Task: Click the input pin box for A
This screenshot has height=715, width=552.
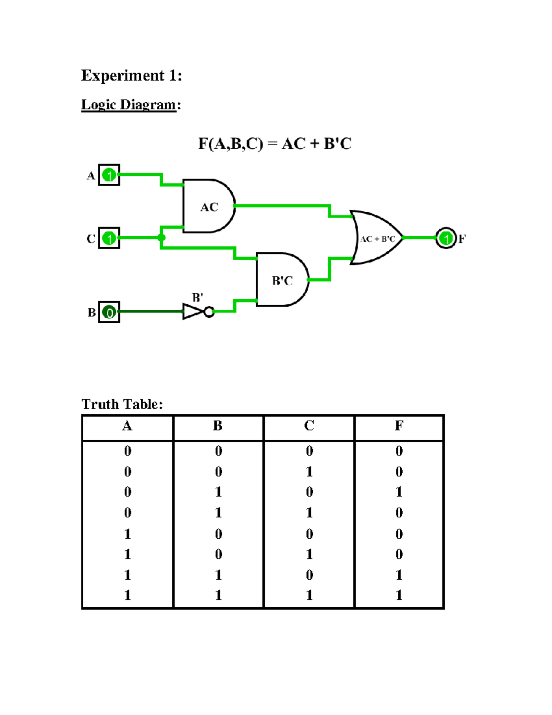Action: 109,175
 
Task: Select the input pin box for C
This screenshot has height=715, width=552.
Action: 109,238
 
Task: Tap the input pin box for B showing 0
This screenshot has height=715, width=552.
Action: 109,312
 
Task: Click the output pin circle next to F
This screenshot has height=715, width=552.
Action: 445,238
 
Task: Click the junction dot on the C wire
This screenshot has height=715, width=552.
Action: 161,238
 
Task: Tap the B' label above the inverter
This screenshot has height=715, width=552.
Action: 197,297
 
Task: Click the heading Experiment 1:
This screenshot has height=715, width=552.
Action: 132,75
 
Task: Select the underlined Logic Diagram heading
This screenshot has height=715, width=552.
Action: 129,105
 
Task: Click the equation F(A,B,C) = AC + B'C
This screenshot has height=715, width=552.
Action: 275,144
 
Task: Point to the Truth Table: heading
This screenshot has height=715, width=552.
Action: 122,404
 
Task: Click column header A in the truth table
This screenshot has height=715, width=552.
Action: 127,426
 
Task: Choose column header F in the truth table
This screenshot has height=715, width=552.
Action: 399,426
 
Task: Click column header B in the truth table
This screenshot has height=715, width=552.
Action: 218,426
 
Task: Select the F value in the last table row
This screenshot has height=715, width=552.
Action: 399,595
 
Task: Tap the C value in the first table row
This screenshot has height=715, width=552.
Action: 309,451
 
